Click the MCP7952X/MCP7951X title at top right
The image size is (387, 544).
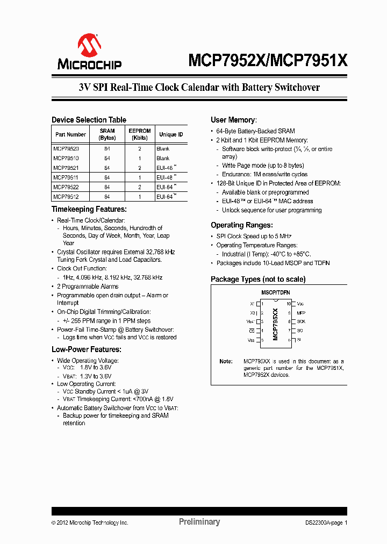(268, 61)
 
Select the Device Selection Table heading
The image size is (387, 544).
(89, 120)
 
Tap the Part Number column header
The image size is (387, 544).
(70, 134)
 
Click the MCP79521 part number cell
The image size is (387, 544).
(66, 168)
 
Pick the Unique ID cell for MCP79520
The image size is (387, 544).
(163, 149)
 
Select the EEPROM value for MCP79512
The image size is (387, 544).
(139, 197)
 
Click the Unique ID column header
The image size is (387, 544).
(171, 134)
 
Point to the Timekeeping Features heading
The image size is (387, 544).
(89, 209)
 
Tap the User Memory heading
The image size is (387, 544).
(233, 120)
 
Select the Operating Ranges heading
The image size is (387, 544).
(241, 225)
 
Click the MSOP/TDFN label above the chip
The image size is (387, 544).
(275, 292)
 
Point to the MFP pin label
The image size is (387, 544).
(301, 312)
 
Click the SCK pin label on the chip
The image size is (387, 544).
(301, 321)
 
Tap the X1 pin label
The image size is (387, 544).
(253, 304)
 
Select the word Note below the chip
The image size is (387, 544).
(226, 362)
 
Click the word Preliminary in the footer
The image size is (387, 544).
(199, 521)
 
